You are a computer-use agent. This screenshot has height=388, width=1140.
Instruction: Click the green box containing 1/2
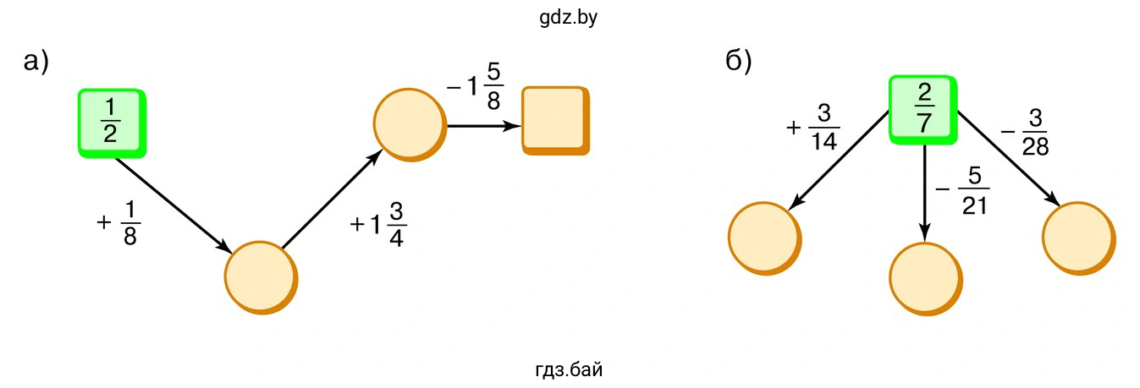tap(111, 123)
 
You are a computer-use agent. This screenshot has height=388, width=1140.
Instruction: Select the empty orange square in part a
tap(554, 120)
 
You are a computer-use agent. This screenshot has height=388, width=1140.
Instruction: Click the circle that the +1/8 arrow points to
tap(261, 277)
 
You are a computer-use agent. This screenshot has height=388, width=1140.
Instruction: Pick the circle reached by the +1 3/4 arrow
tap(409, 123)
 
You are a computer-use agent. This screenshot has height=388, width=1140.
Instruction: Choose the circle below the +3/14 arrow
tap(763, 238)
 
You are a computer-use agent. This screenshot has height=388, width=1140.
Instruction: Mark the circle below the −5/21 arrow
tap(925, 279)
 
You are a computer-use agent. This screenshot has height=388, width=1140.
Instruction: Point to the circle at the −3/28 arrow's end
tap(1078, 238)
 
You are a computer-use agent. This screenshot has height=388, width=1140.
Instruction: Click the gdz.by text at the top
tap(568, 18)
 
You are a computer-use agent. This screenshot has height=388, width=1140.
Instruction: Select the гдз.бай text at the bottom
tap(569, 369)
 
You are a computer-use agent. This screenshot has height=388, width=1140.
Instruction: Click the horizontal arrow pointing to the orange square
tap(483, 125)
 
